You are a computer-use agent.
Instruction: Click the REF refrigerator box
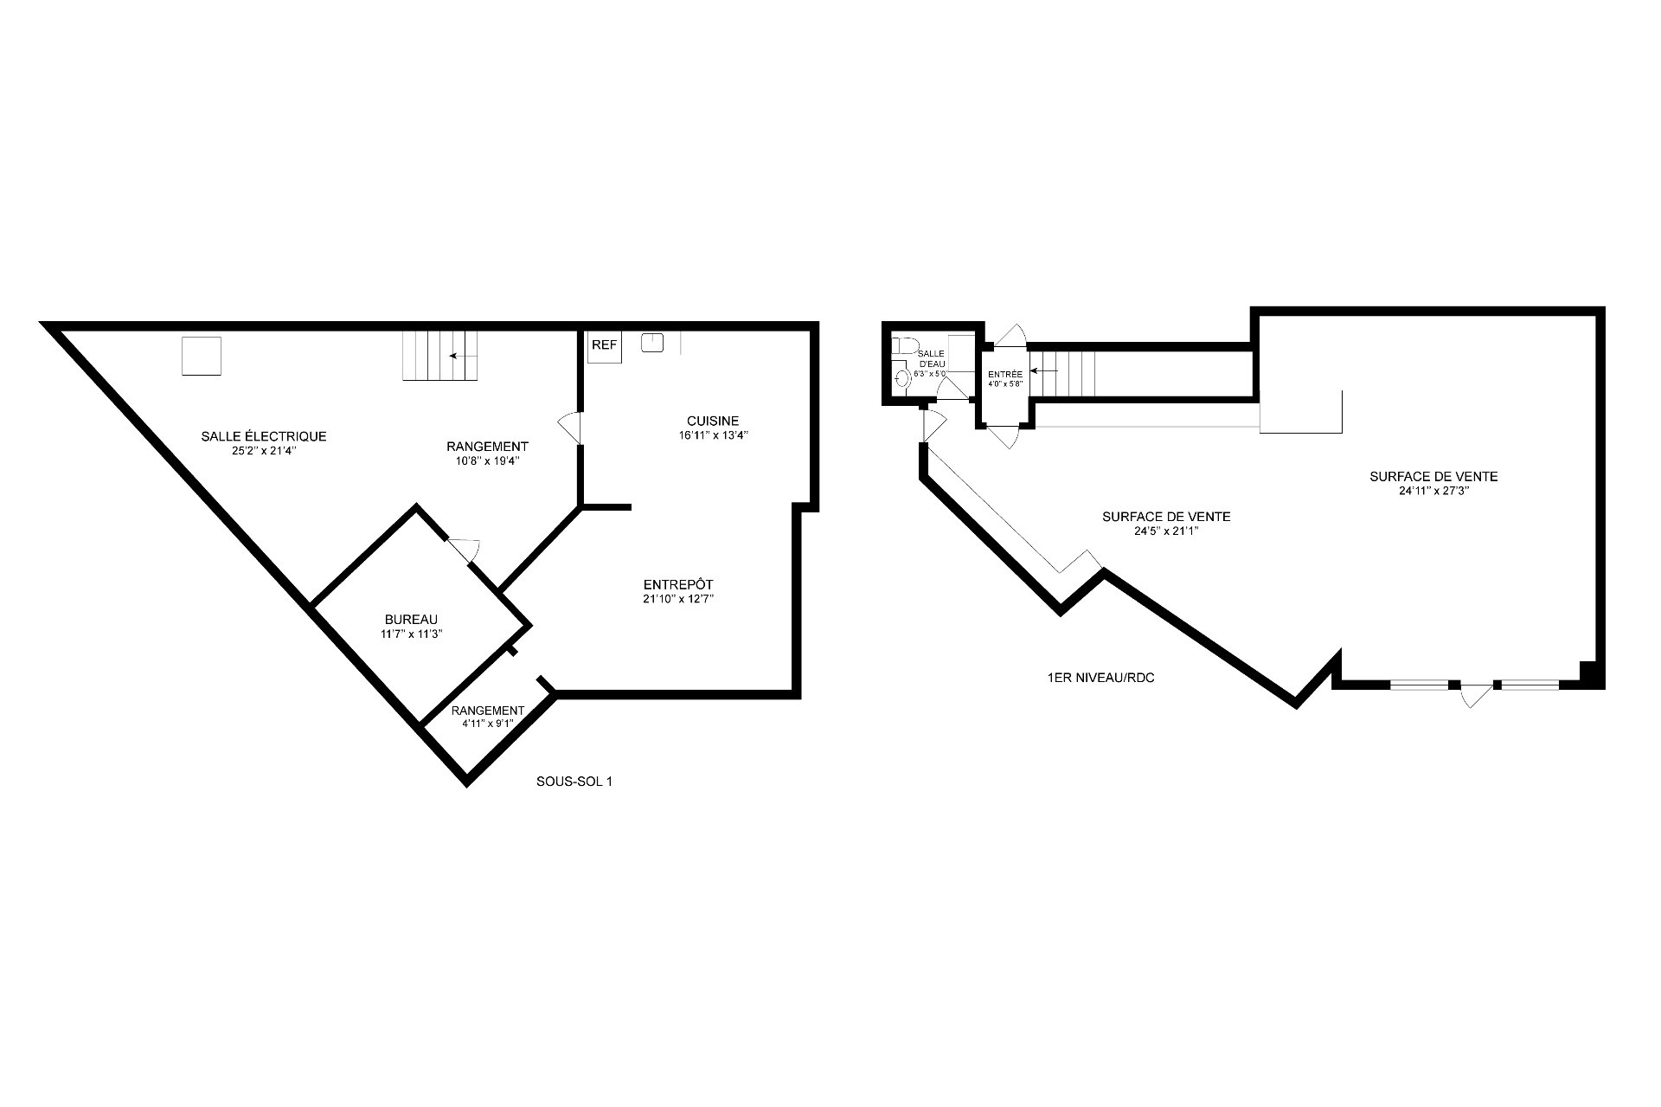605,345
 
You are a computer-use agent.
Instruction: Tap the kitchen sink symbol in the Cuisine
652,344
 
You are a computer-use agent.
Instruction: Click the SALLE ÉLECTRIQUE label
264,436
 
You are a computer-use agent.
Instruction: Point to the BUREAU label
411,620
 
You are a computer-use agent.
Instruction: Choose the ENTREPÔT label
678,584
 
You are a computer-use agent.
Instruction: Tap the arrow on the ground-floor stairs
1045,371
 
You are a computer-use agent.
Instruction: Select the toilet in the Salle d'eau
905,346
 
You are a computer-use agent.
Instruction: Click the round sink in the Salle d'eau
903,378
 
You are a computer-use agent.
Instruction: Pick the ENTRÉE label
1005,375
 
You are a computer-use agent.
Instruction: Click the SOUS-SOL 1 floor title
574,782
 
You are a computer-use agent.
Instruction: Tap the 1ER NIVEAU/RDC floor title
1100,679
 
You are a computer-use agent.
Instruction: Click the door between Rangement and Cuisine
570,428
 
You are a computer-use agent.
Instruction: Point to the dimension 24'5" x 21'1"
1166,531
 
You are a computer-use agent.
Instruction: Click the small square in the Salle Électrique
202,356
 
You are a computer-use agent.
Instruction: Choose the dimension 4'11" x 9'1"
488,723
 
